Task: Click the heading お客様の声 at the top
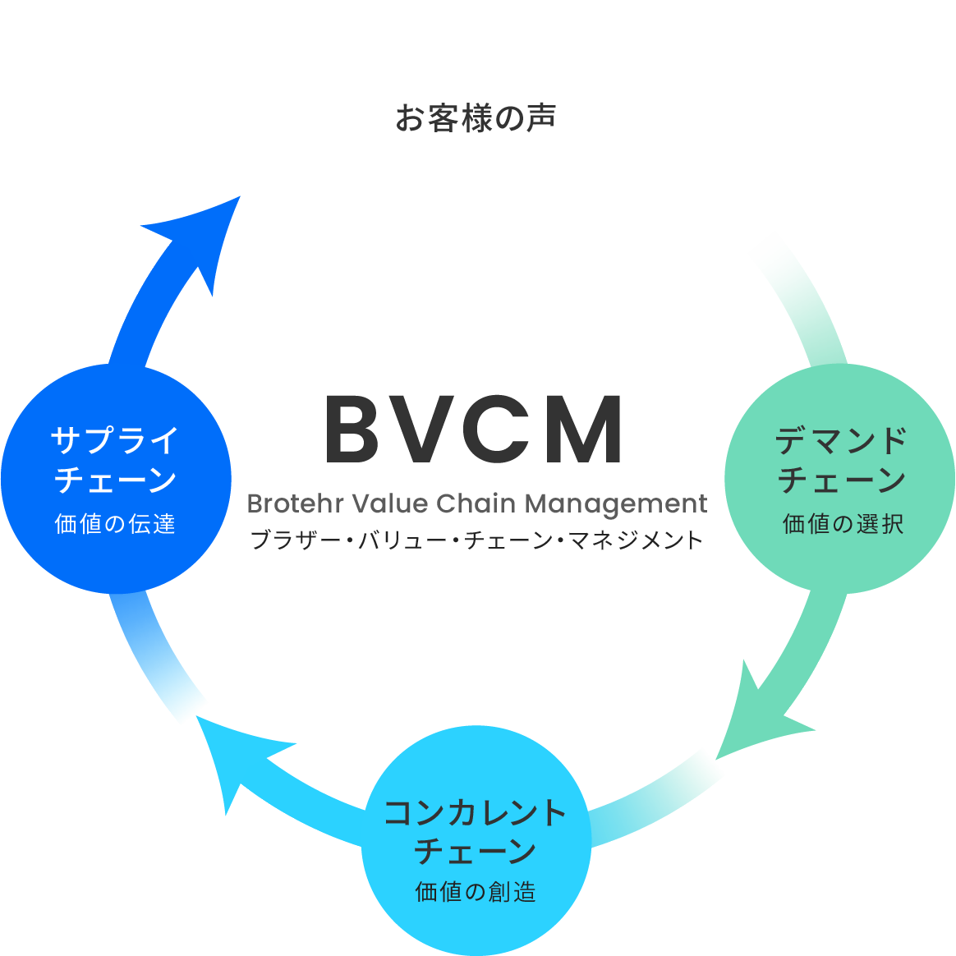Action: coord(476,118)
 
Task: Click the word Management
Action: coord(615,504)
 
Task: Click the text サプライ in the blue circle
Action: coord(115,440)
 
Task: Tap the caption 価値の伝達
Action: coord(115,524)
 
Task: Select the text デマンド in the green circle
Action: coord(840,440)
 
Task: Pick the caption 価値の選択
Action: coord(843,524)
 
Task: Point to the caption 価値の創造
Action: coord(476,892)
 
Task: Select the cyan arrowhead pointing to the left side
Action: coord(234,756)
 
